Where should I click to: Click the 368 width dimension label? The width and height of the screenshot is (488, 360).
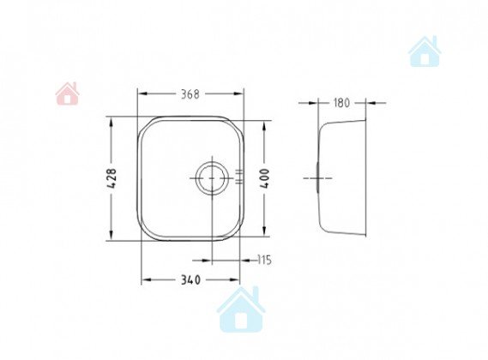(190, 94)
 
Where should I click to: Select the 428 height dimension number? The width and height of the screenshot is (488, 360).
(111, 178)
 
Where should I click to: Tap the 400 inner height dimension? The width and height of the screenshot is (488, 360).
(264, 178)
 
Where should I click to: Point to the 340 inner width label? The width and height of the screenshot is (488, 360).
(190, 280)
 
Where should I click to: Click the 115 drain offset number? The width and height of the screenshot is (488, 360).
(265, 260)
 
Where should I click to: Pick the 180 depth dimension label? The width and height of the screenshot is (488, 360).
(341, 103)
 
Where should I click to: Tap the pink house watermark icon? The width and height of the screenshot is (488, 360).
(67, 93)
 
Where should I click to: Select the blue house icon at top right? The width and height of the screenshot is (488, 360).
(425, 51)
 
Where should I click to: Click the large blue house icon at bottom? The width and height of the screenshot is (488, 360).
(241, 309)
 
